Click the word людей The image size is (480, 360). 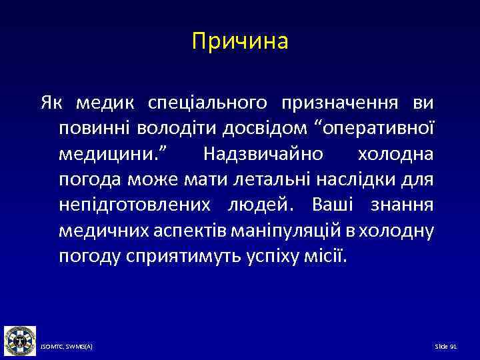tap(255, 205)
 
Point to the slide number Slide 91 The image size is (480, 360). tap(445, 347)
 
